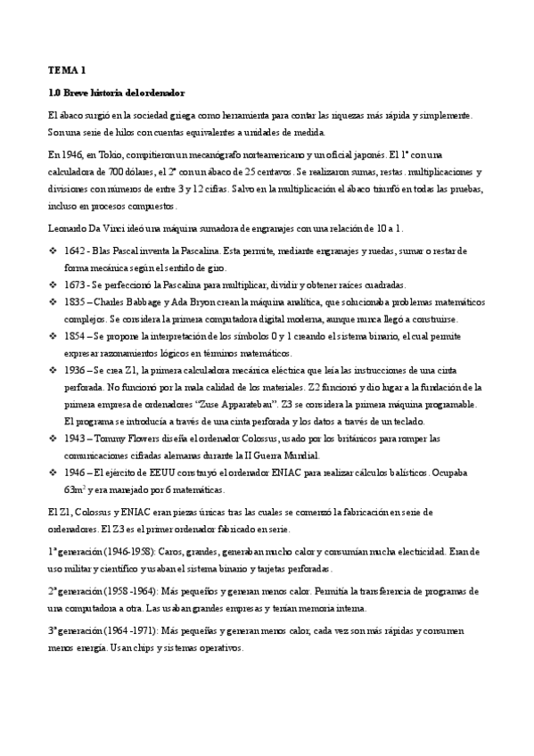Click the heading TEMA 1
tap(68, 69)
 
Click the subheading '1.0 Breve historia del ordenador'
tap(116, 92)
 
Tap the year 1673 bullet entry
tap(77, 284)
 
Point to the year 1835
tap(77, 301)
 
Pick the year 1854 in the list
tap(77, 335)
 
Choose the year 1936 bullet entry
tap(77, 369)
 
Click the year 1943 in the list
tap(77, 438)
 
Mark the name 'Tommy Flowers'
tap(127, 438)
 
